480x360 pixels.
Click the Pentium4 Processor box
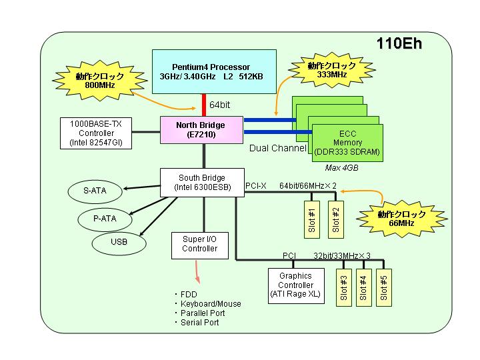214,71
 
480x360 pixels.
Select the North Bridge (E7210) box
202,130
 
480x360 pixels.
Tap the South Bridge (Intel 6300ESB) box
203,183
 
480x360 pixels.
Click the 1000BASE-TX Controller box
96,133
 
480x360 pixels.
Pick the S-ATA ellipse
95,191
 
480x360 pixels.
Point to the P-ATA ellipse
105,219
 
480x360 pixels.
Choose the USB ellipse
119,242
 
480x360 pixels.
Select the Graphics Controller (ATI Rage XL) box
296,286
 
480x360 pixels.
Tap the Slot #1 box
312,219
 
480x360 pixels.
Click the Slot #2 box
336,219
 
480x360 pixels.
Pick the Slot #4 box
364,287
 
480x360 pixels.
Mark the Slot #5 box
384,287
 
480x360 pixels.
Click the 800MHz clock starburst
100,80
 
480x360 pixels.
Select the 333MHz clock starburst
332,70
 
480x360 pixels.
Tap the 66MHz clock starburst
401,219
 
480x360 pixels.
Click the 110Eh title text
399,43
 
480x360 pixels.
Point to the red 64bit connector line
204,105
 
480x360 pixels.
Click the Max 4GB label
341,168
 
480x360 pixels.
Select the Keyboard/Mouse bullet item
208,304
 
